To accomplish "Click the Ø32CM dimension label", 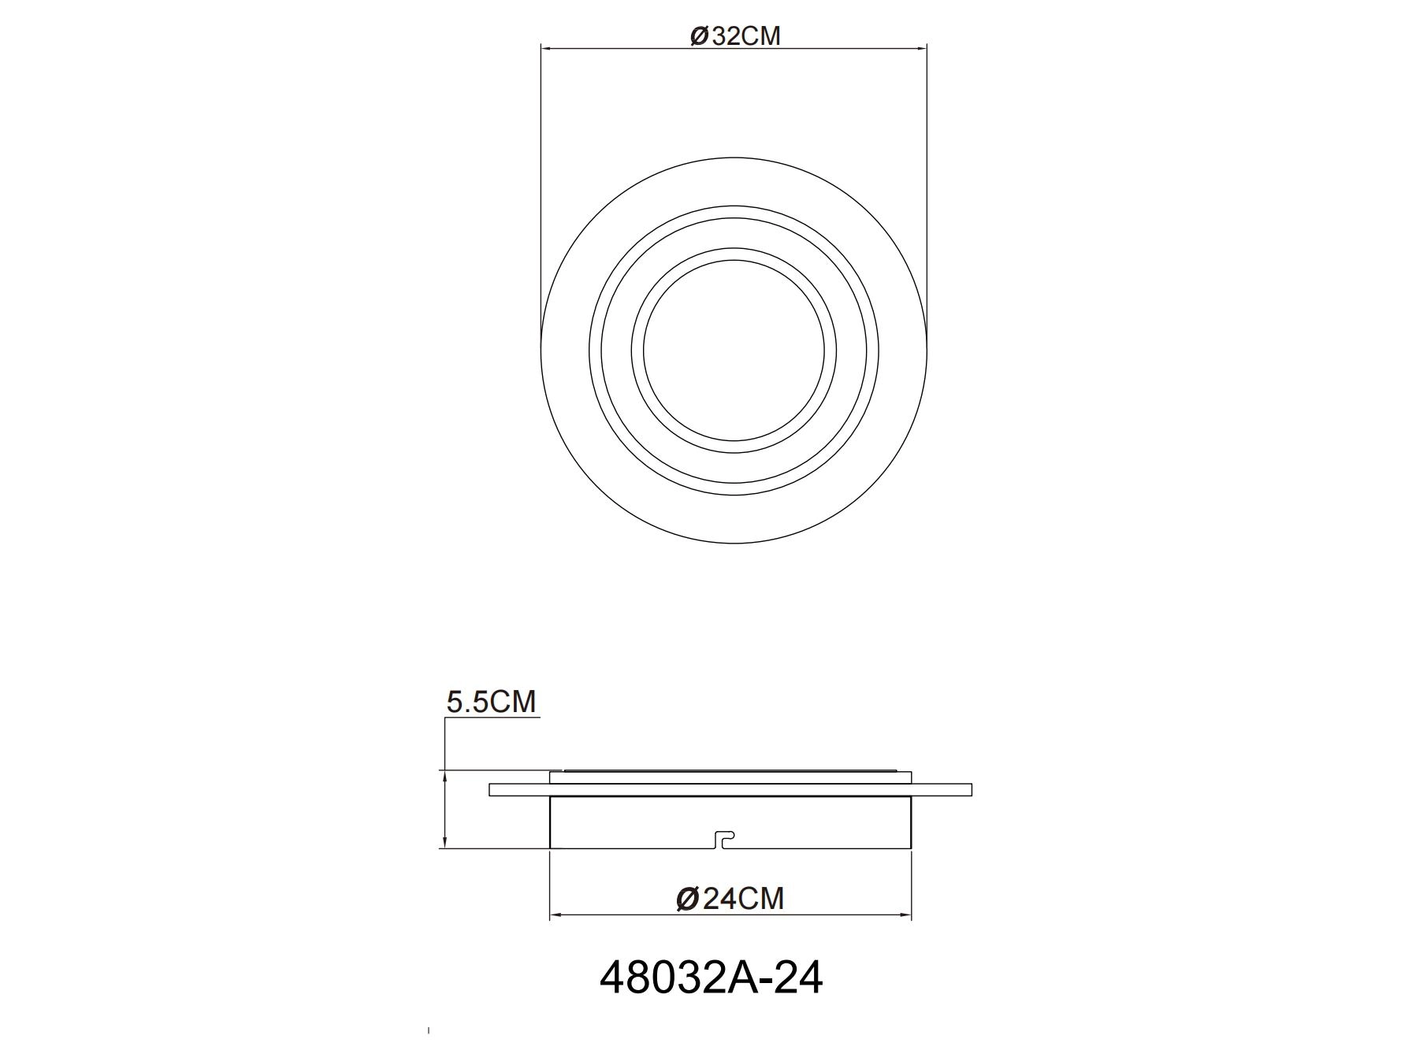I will tap(734, 36).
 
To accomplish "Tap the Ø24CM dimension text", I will tap(730, 898).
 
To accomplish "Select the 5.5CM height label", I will tap(491, 701).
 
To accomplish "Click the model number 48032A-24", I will tap(711, 978).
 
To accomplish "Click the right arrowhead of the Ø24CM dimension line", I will tap(906, 915).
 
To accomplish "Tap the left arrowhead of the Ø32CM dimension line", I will tap(545, 49).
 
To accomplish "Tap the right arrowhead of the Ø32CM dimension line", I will tap(922, 49).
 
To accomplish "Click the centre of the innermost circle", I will tap(734, 351).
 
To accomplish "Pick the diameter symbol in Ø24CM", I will tap(687, 899).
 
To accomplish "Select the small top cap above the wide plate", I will tap(730, 777).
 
